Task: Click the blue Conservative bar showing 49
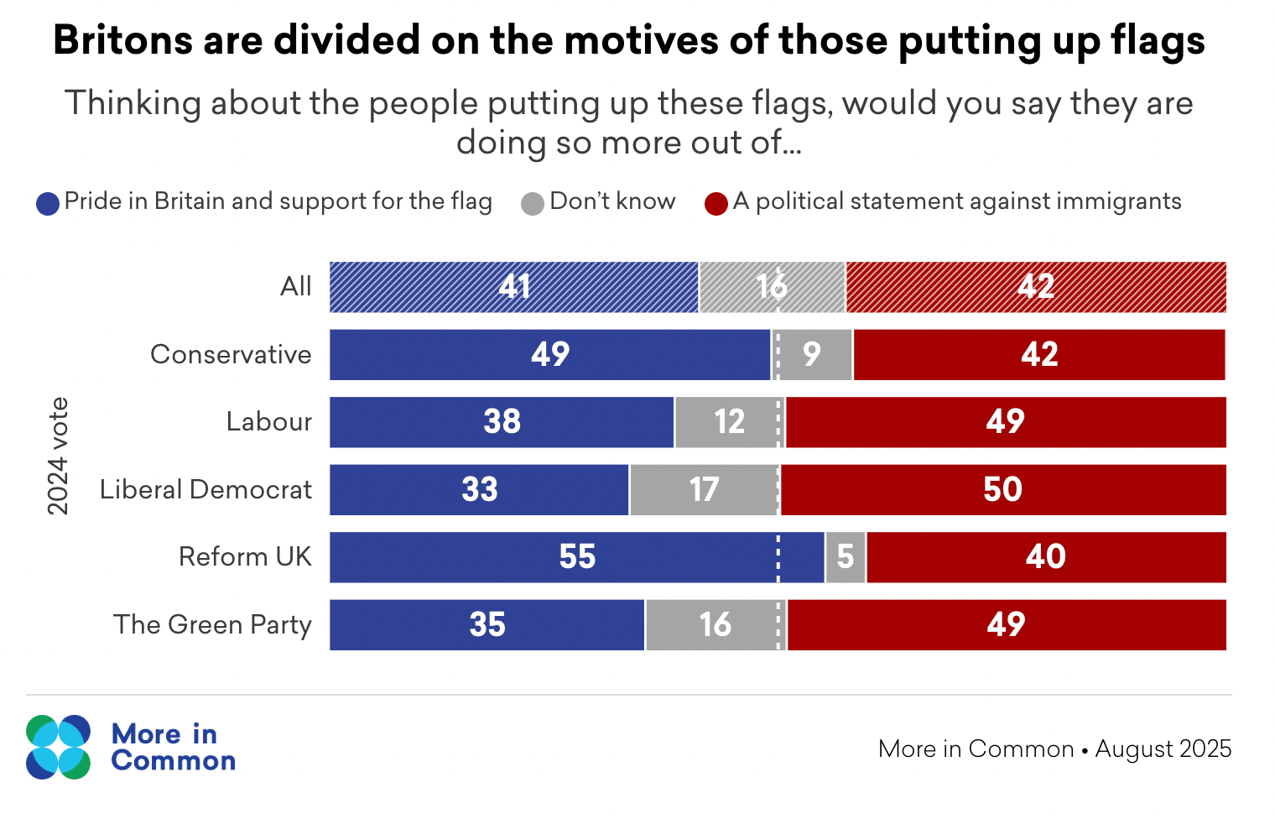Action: point(549,355)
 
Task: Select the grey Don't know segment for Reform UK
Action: point(846,557)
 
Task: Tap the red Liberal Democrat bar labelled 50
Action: point(1003,490)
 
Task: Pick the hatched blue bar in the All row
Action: point(513,287)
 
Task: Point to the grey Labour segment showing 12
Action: point(729,422)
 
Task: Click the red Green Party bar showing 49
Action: point(1006,625)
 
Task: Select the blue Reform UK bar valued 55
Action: point(577,557)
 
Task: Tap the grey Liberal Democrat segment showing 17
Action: point(704,490)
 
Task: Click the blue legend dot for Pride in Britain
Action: point(48,204)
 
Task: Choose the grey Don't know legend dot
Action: point(533,204)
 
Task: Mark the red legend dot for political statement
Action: point(716,204)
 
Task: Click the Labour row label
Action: point(268,421)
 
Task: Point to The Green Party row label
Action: point(212,625)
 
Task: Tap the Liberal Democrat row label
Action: point(206,489)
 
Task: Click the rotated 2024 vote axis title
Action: point(57,456)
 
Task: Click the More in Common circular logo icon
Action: point(58,747)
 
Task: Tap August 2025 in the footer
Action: point(1163,749)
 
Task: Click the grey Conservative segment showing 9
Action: point(811,355)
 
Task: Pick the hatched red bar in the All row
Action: point(1036,287)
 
